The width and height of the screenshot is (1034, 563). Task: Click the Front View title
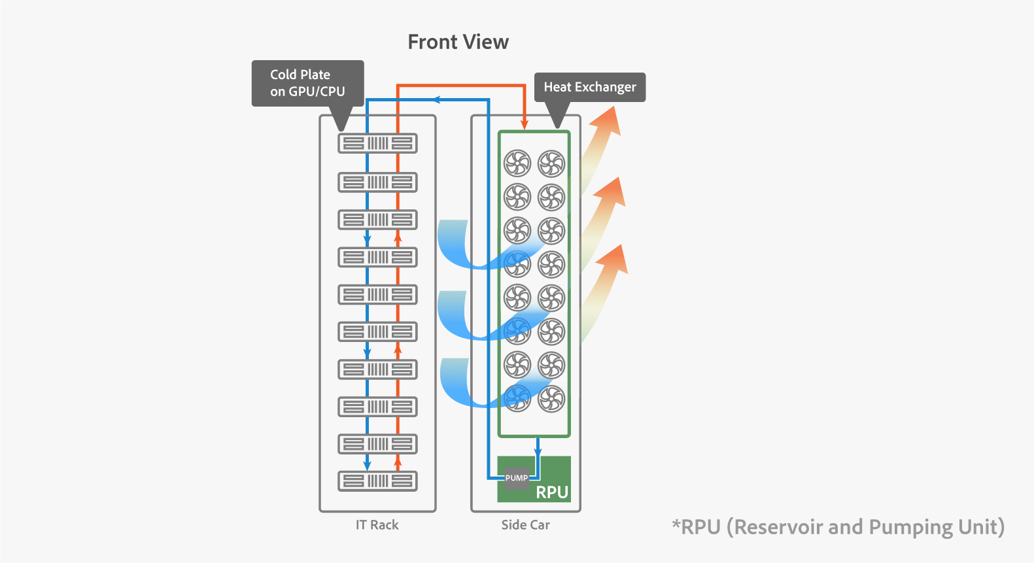(458, 42)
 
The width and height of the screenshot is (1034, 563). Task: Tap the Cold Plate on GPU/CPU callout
(307, 83)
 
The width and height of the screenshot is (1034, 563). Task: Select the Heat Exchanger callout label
(590, 87)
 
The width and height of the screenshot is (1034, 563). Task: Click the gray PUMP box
(516, 478)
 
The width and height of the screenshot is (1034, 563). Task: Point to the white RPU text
(552, 492)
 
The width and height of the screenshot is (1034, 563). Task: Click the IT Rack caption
(377, 525)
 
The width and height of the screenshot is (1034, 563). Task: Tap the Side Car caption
(525, 525)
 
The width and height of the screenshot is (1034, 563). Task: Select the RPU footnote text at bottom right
(838, 527)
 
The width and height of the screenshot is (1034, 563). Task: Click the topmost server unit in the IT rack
(377, 143)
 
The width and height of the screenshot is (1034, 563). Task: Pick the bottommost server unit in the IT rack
(377, 481)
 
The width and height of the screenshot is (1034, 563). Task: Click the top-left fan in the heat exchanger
(517, 163)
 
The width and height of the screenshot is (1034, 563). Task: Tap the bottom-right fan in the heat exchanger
(551, 399)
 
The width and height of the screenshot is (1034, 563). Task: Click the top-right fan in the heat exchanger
(551, 163)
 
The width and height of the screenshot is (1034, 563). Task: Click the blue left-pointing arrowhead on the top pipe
(436, 99)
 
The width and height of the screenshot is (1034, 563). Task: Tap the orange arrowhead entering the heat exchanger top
(525, 124)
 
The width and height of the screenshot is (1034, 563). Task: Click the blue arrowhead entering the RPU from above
(538, 451)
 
